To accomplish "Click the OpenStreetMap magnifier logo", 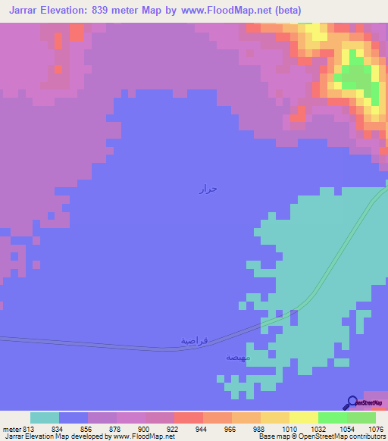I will coord(353,402).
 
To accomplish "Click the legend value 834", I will coord(58,429).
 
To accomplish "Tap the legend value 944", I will coord(202,429).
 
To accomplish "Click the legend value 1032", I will coord(318,429).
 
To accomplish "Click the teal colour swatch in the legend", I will coord(44,418).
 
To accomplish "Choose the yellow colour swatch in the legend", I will coord(303,418).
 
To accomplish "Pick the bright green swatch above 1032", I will coord(332,418).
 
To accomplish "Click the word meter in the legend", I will coord(9,429).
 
